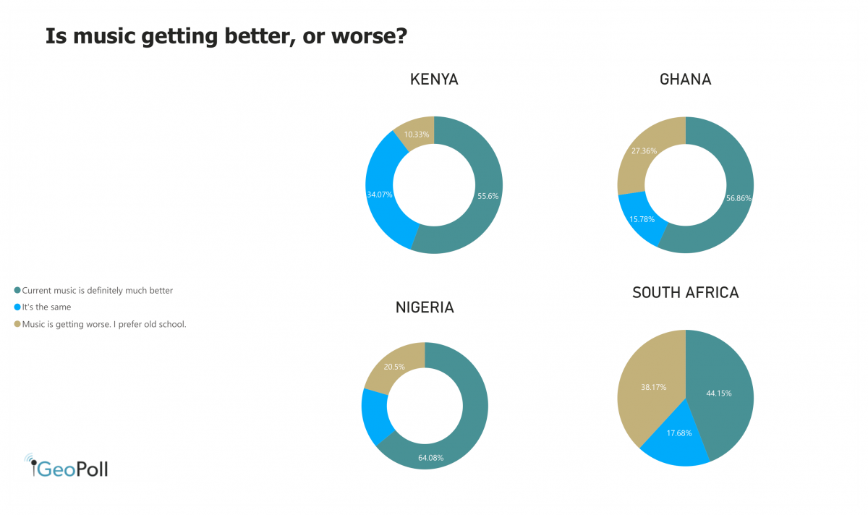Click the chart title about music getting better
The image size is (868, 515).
226,37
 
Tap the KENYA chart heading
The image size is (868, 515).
434,80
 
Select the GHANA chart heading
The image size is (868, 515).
685,80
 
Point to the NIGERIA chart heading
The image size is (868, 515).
425,307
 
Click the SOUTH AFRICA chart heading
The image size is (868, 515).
685,293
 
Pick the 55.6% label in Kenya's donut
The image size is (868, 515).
488,196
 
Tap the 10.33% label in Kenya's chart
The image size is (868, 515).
417,135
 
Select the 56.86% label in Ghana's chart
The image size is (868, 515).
738,197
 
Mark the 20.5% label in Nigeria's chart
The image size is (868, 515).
393,367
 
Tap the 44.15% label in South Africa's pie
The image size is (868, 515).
719,393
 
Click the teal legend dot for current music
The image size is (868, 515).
17,291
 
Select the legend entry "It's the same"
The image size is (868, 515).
46,307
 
